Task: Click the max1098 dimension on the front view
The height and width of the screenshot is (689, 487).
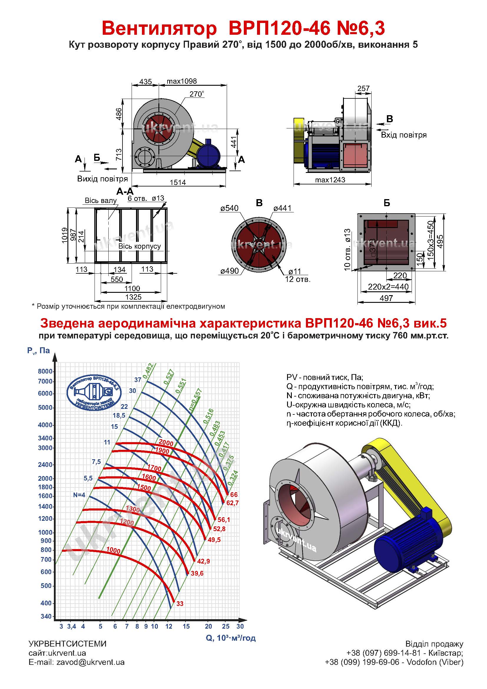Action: tap(182, 81)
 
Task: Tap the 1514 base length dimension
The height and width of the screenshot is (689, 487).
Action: tap(178, 182)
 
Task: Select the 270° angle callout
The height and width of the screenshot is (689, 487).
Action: tap(196, 94)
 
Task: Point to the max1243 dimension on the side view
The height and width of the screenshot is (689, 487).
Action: tap(330, 180)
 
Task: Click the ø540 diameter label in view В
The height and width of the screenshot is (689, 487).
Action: tap(229, 208)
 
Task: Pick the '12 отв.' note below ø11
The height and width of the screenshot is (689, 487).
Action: tap(298, 279)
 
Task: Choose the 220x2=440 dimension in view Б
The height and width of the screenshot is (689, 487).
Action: tap(388, 287)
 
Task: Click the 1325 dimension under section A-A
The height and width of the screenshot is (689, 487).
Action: tap(133, 297)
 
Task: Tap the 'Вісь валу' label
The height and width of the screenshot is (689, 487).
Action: tap(101, 201)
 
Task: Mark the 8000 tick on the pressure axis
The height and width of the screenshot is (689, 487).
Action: tap(45, 371)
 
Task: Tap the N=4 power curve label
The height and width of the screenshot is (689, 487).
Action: tap(79, 495)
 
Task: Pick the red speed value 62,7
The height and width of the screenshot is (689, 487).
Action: tap(232, 503)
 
